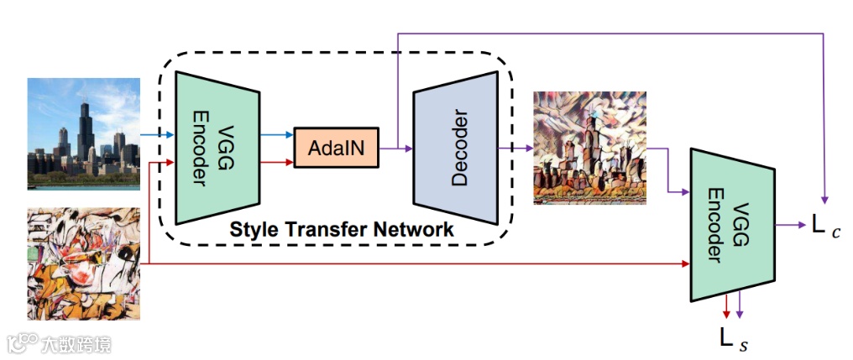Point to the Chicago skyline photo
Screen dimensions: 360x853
click(83, 132)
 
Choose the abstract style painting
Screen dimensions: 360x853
click(83, 263)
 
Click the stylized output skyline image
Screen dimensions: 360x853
click(589, 148)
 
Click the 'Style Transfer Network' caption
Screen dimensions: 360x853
click(342, 228)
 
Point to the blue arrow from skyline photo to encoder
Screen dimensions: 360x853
click(156, 133)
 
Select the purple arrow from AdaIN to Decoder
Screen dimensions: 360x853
click(395, 149)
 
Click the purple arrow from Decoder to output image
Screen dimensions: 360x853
click(515, 149)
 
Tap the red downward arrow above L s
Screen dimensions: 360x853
click(726, 308)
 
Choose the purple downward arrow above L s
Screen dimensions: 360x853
click(739, 308)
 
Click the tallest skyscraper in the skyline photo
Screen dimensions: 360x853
click(83, 126)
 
